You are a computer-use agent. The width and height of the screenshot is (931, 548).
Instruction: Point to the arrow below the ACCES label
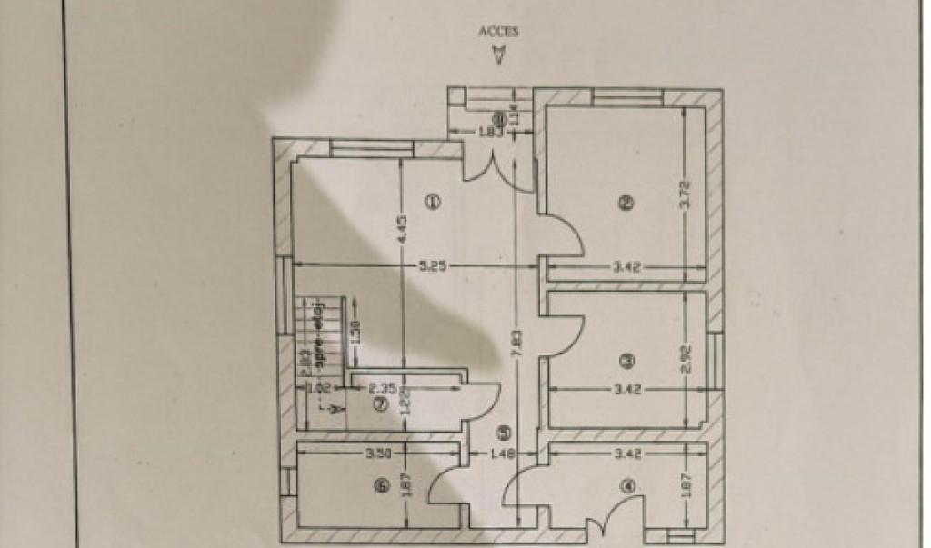pyautogui.click(x=497, y=55)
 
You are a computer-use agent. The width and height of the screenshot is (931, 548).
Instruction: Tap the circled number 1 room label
pyautogui.click(x=434, y=202)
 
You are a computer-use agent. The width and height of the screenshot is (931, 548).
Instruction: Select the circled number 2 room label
pyautogui.click(x=625, y=204)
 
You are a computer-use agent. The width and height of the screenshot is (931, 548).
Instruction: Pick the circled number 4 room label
pyautogui.click(x=626, y=486)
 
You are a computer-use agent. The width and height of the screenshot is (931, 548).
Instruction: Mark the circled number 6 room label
pyautogui.click(x=380, y=487)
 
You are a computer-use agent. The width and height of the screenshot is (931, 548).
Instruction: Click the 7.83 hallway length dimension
pyautogui.click(x=516, y=345)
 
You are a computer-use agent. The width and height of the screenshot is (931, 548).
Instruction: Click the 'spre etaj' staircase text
pyautogui.click(x=320, y=334)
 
